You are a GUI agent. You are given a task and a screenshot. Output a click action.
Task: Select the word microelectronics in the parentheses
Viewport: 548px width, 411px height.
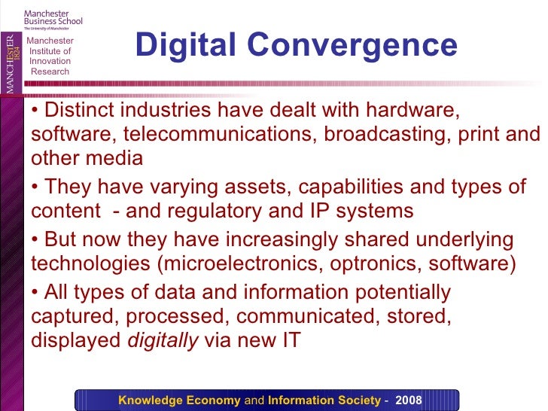(233, 263)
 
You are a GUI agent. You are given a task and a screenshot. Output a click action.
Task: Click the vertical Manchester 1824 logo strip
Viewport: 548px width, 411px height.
(11, 53)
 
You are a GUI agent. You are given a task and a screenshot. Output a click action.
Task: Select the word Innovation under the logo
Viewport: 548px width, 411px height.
(50, 62)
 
